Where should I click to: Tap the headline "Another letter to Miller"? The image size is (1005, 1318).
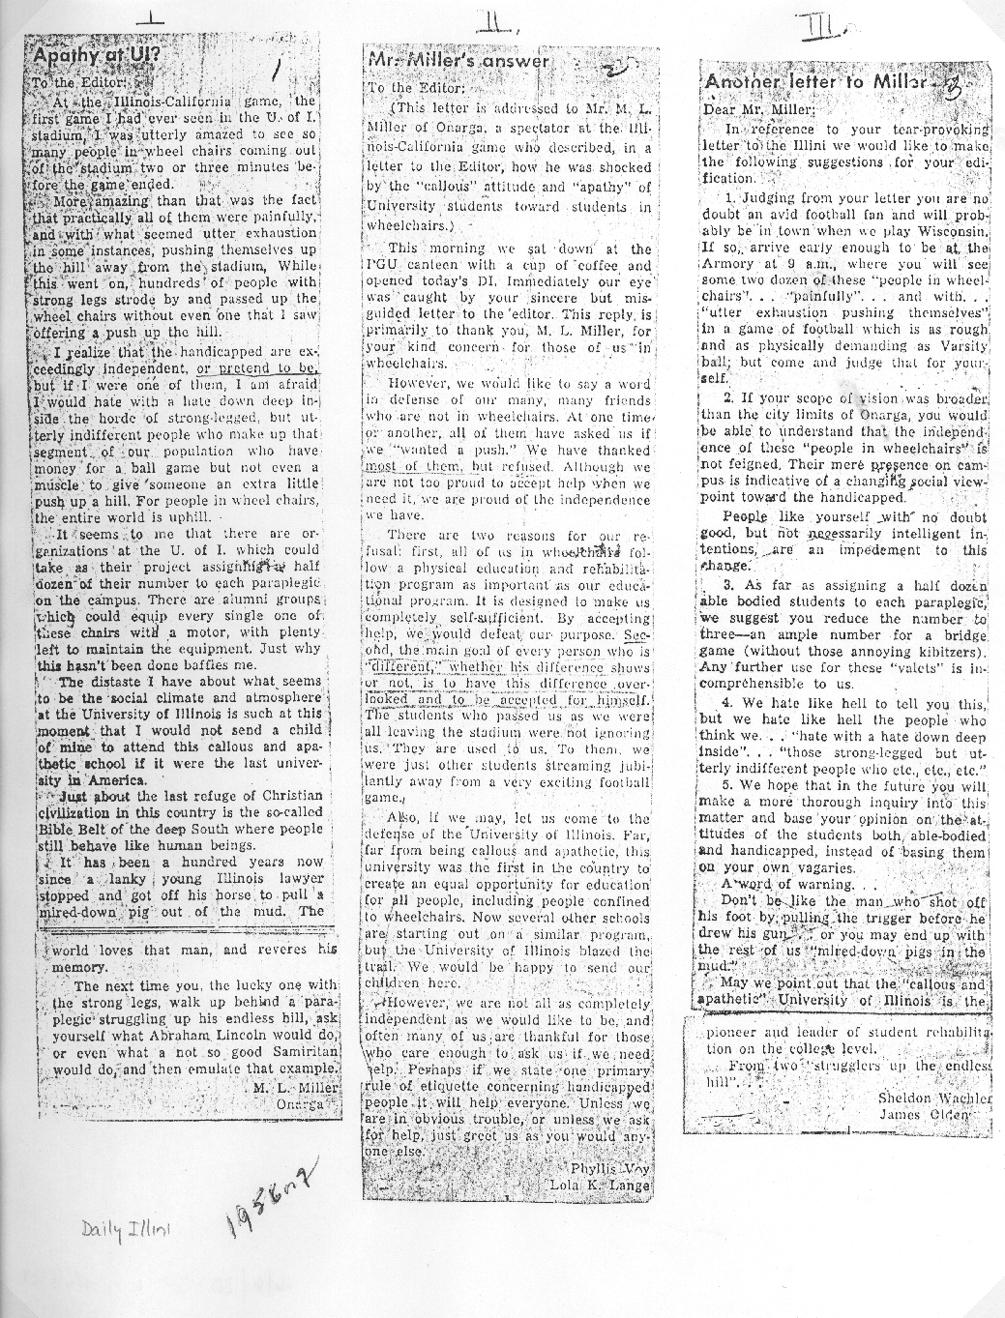(x=813, y=82)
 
